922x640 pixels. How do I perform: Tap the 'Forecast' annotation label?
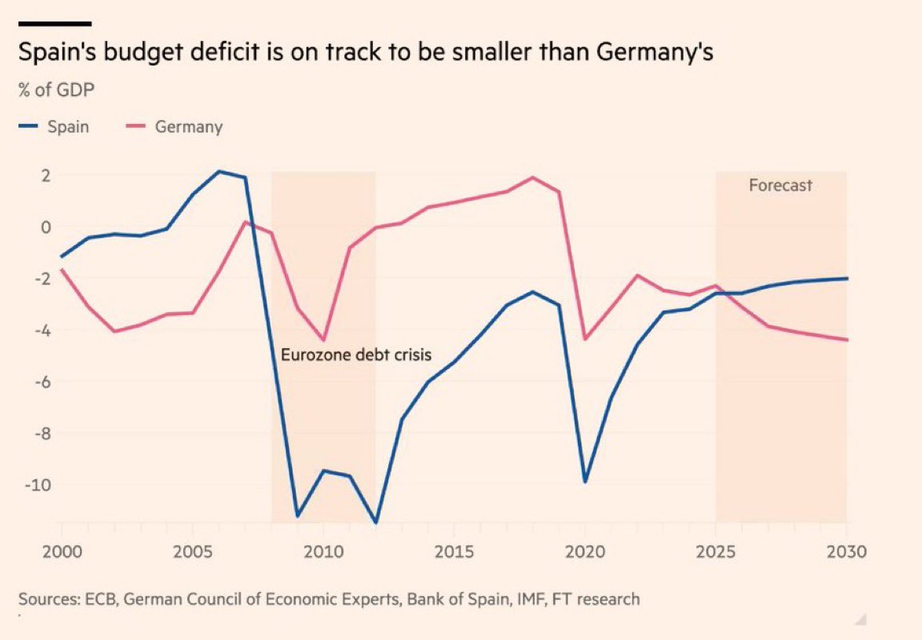coord(780,186)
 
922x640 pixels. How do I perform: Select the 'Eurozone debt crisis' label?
coord(356,354)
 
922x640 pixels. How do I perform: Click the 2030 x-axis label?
coord(846,552)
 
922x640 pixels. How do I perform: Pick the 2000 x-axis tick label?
coord(62,552)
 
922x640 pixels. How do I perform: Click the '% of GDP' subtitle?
coord(57,89)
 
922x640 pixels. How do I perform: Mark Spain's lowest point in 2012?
coord(375,522)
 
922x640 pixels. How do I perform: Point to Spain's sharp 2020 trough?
coord(584,482)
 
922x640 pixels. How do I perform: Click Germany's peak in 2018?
coord(532,178)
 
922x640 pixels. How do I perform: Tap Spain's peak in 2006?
coord(219,171)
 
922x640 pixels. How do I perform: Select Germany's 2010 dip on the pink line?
coord(323,340)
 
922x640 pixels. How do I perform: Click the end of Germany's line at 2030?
coord(847,340)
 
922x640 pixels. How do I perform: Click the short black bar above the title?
coord(54,23)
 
